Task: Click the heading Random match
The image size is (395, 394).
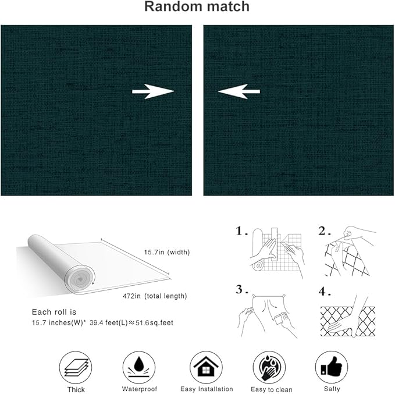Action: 197,6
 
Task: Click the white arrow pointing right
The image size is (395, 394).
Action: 153,91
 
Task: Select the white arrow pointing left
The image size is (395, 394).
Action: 239,91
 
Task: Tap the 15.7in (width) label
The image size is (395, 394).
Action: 167,252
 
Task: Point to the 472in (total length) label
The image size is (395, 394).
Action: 155,296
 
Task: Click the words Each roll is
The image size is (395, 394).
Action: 54,312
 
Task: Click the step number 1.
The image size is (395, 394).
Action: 241,231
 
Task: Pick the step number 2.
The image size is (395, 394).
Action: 324,231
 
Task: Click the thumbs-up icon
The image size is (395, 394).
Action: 332,367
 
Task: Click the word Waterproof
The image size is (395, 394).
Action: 139,389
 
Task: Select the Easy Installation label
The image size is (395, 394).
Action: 207,389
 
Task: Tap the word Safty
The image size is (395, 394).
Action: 332,389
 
